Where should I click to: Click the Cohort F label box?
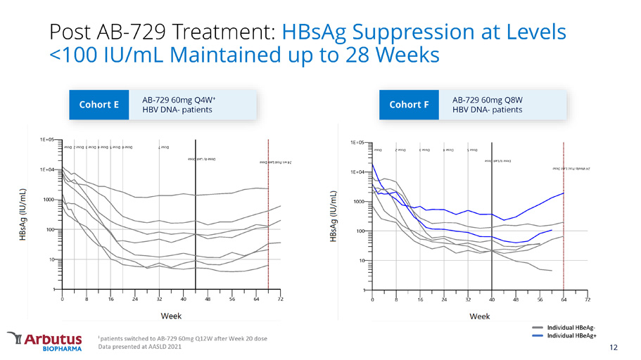tap(409, 105)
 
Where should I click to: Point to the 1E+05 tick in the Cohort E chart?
tap(49, 140)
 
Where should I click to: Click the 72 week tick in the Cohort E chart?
tap(280, 300)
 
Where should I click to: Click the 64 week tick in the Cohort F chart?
tap(564, 300)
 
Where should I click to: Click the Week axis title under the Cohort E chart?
tap(172, 316)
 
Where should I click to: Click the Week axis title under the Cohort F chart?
tap(481, 316)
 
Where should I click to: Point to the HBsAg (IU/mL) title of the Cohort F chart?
tap(334, 216)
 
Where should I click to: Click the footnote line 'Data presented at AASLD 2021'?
tap(144, 346)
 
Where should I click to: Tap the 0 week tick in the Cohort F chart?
tap(373, 300)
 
